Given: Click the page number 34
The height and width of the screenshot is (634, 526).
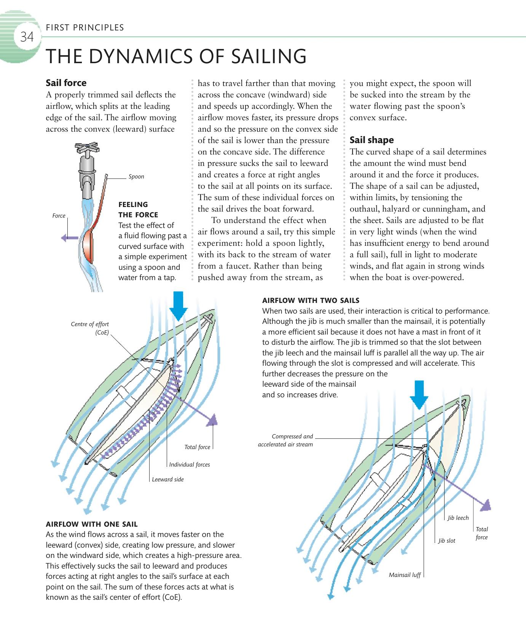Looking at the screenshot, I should click(27, 37).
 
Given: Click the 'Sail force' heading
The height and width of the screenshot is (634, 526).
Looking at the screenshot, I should click(66, 83).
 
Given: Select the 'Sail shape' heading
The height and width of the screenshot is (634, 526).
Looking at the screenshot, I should click(371, 140).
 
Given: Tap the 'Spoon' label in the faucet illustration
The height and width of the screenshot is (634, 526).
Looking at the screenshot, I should click(136, 177).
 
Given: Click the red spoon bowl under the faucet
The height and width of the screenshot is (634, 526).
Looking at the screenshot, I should click(89, 247).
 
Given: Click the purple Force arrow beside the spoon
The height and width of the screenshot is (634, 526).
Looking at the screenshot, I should click(69, 238).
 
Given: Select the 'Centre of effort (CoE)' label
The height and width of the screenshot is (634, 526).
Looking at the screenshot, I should click(90, 328).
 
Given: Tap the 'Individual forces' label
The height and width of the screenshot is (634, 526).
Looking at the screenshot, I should click(189, 465).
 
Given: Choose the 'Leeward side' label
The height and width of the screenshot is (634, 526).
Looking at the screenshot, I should click(167, 479).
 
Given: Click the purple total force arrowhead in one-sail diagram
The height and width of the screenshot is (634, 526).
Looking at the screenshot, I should click(212, 420).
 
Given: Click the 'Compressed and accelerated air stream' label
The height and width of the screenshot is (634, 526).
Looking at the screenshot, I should click(285, 440).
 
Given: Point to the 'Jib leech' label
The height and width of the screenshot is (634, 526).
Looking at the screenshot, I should click(458, 518).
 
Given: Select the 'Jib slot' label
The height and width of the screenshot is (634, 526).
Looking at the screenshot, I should click(446, 541).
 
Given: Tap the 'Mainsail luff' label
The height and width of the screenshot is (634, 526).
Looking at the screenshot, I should click(405, 575).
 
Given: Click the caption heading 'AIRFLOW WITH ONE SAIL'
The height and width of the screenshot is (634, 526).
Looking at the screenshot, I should click(92, 524).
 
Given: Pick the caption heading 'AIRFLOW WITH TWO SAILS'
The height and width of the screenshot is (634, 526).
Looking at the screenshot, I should click(311, 300).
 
